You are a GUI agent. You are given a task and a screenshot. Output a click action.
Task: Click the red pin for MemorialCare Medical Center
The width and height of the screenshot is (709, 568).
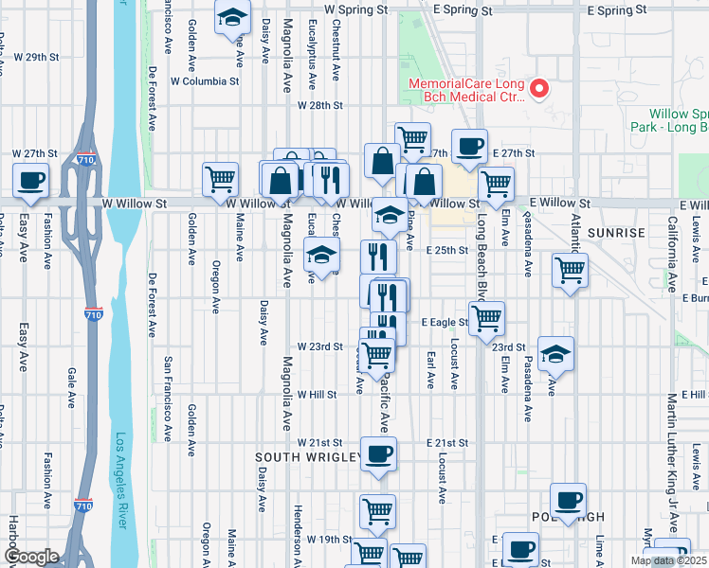coord(540,89)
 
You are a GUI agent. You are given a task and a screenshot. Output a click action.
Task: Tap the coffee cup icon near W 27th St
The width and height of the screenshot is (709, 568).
coord(30,179)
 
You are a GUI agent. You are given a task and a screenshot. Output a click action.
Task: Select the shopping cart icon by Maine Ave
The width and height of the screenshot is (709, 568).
coord(221,178)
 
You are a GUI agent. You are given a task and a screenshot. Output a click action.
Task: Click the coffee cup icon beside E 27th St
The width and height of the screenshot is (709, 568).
coord(469,146)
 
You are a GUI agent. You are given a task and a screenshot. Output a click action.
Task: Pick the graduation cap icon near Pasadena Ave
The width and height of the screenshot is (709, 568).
coord(555,354)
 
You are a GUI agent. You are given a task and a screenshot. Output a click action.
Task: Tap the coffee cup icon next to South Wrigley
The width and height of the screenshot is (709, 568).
coord(378,453)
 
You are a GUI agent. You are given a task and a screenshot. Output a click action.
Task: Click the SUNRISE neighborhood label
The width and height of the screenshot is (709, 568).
coord(615,232)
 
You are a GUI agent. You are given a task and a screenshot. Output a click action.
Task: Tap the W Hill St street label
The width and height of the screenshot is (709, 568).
coord(318,394)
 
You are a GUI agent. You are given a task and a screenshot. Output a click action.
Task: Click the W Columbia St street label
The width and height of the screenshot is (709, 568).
coord(204,81)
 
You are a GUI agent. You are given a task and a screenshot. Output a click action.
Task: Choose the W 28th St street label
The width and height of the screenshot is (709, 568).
coord(318,106)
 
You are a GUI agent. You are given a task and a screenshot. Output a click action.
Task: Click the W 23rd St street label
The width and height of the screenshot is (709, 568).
coord(318,346)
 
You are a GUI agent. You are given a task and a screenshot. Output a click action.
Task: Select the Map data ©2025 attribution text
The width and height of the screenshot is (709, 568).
coord(668,560)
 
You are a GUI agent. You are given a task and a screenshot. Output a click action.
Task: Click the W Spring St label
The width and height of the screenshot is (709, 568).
coord(355,8)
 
